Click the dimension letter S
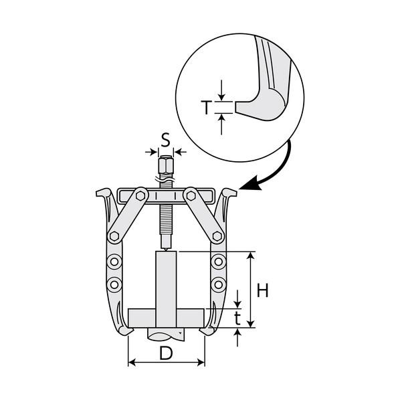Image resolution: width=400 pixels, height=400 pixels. click(x=166, y=140)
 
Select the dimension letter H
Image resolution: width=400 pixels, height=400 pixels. click(x=262, y=290)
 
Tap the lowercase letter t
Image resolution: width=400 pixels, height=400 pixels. click(x=237, y=318)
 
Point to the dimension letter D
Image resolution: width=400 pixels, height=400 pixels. click(x=166, y=353)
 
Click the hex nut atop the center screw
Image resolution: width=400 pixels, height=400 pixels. click(x=166, y=167)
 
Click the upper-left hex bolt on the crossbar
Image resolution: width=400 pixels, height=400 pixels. click(x=140, y=196)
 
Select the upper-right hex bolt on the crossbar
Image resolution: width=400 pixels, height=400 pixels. click(x=191, y=196)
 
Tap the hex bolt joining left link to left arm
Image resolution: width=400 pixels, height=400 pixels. click(x=114, y=236)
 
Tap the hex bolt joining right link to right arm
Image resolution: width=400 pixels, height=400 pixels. click(x=217, y=236)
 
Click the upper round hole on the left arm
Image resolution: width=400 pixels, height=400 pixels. click(x=114, y=262)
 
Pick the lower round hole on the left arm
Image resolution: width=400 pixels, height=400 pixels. click(x=114, y=284)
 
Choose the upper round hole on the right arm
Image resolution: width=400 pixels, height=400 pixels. click(x=218, y=262)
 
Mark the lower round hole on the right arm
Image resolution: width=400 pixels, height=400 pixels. click(x=218, y=284)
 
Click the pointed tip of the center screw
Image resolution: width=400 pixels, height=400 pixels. click(x=166, y=250)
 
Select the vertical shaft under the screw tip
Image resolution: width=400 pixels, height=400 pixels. click(x=166, y=289)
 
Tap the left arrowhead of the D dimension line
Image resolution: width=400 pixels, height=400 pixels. click(x=132, y=363)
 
